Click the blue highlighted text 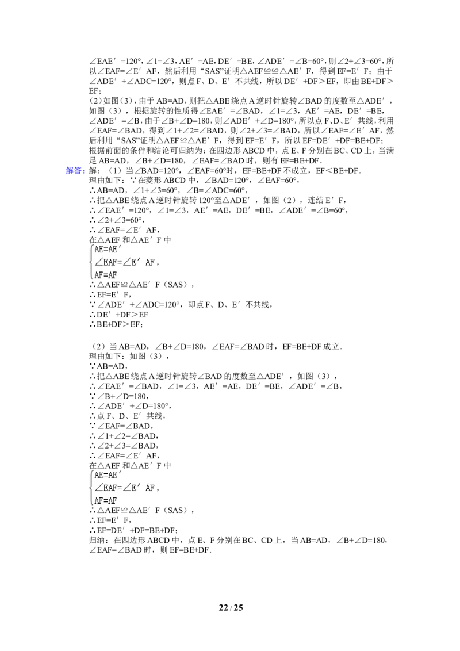coord(75,170)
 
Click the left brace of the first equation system coord(91,262)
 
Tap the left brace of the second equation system coord(91,488)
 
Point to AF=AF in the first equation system coord(106,275)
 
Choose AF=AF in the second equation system coord(106,500)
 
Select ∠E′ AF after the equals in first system coord(139,262)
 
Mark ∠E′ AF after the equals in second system coord(139,488)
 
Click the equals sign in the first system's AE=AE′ coord(106,250)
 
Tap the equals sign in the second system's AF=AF coord(106,500)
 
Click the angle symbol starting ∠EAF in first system coord(98,262)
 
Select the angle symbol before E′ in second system coord(127,488)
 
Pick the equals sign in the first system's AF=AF coord(106,275)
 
